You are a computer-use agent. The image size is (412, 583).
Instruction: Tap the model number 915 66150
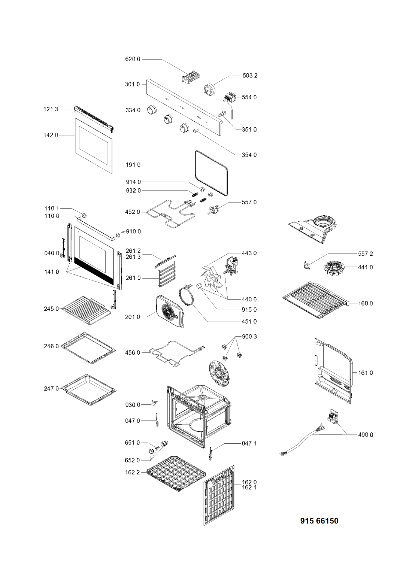coord(319,521)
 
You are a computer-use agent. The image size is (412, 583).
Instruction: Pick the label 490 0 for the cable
coord(366,435)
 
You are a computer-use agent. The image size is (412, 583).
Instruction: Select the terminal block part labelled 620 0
coord(190,78)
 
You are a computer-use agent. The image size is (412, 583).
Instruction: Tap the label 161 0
coord(366,373)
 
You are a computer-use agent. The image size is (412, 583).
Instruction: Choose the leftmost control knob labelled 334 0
coord(151,109)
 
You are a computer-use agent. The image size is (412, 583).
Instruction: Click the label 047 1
coord(249,443)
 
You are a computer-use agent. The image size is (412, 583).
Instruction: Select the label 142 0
coord(51,135)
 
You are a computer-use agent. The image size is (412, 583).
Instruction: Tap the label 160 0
coord(366,303)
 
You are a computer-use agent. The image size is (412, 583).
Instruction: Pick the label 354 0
coord(249,155)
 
